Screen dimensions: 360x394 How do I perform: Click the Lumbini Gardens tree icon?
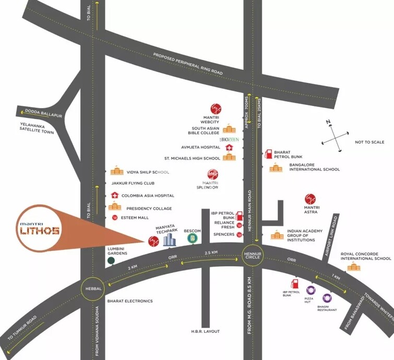pos(111,260)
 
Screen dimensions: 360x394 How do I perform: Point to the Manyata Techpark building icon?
pos(169,240)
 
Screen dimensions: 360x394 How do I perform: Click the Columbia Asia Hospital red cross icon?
pos(115,195)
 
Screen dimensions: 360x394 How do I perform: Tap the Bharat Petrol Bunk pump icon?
pos(269,154)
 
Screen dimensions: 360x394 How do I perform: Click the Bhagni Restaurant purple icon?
pos(327,298)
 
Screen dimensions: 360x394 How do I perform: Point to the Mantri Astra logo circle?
pos(311,199)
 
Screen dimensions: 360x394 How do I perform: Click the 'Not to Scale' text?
pos(370,142)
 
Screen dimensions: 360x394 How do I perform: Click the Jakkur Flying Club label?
pos(133,183)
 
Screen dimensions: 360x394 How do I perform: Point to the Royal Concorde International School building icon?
pos(354,267)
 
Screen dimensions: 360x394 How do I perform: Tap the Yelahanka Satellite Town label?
pos(37,129)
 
